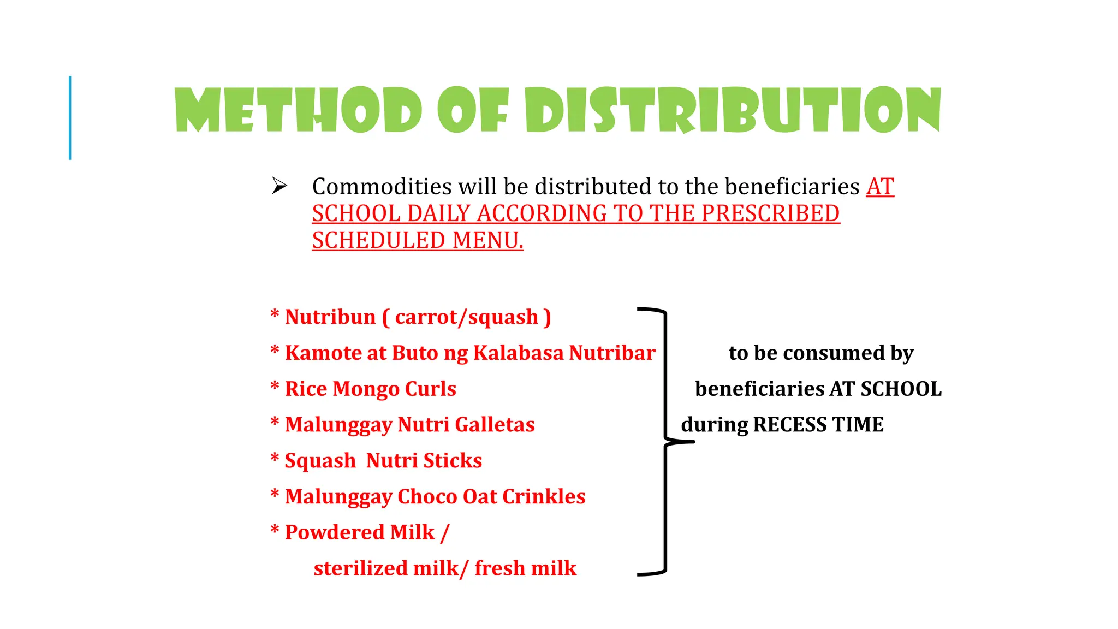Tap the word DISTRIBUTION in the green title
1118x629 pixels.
point(733,110)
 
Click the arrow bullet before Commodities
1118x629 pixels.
point(279,186)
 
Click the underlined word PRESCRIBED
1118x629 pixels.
point(770,213)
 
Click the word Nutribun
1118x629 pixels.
point(330,317)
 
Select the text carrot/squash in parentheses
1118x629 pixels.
point(466,317)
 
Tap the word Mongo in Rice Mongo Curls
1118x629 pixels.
point(366,389)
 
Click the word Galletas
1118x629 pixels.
point(495,425)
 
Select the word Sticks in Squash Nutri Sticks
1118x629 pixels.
point(453,461)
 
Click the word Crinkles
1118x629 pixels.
point(544,497)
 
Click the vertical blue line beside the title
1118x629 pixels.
point(70,118)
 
